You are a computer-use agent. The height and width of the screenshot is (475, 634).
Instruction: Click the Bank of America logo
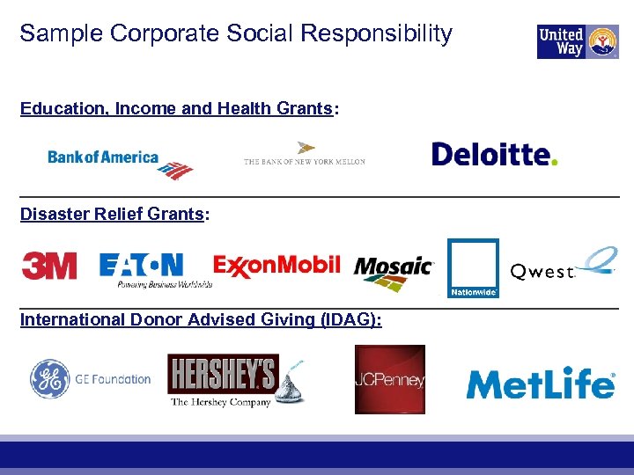pos(120,162)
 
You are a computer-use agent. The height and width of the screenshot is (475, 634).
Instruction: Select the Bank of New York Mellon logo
pos(304,156)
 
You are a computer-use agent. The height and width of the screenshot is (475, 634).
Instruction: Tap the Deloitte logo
pos(494,155)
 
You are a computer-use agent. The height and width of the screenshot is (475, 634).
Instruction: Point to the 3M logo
pos(49,266)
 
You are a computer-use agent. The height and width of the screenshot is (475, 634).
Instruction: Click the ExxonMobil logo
pos(276,265)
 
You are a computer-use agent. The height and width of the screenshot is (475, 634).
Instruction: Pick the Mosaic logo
pos(394,272)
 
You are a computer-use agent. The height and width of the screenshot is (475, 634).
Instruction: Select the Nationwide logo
pos(473,268)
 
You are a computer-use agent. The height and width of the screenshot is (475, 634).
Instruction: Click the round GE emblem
pos(50,380)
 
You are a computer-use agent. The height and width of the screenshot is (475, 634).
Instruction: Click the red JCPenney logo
pos(389,379)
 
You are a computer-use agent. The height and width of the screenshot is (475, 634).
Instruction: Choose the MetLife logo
pos(540,384)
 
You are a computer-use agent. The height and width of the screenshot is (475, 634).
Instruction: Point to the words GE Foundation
pos(113,380)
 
